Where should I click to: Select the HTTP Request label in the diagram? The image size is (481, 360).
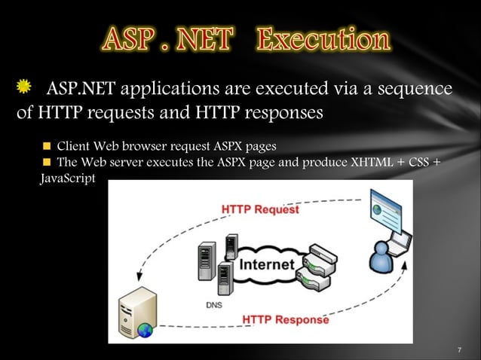pos(260,209)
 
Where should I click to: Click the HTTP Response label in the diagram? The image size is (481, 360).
pos(285,319)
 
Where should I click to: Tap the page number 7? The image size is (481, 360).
pos(459,350)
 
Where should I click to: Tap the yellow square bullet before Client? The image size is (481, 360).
pos(46,145)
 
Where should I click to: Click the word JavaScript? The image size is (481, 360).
pos(67,181)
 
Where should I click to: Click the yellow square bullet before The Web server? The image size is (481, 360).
pos(46,163)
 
